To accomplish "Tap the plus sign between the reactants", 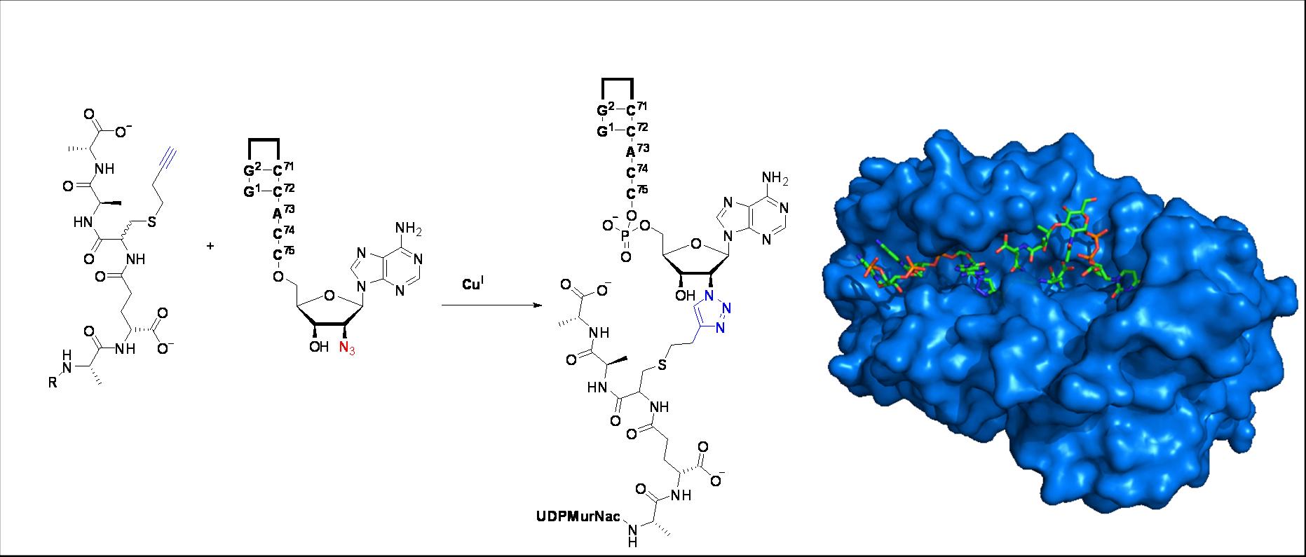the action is [211, 246].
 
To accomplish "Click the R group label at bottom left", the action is [53, 384].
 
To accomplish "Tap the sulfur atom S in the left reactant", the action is [151, 222].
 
